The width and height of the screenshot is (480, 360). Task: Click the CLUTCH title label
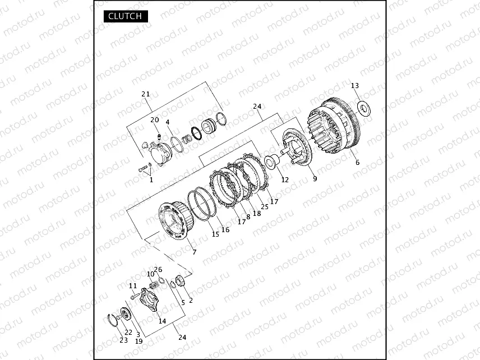click(126, 16)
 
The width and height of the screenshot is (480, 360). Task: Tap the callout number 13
click(355, 86)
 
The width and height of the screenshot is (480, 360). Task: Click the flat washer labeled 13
click(364, 108)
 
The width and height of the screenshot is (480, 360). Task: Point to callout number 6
click(358, 163)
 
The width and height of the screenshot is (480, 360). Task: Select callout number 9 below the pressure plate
click(315, 178)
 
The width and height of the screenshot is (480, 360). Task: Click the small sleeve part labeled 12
click(271, 162)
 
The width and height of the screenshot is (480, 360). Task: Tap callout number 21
click(146, 94)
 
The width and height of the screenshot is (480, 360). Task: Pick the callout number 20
click(155, 119)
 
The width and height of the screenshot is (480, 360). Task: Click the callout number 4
click(168, 122)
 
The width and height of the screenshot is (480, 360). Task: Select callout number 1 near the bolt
click(151, 180)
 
